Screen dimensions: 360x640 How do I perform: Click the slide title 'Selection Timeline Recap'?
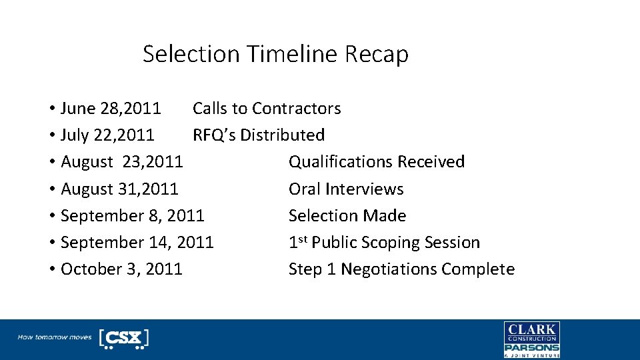click(x=275, y=54)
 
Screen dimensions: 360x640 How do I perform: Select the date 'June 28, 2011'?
click(x=111, y=109)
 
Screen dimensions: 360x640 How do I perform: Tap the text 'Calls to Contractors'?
click(x=267, y=109)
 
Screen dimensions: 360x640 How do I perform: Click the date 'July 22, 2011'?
click(x=107, y=135)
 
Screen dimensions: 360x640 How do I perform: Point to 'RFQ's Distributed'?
click(x=259, y=135)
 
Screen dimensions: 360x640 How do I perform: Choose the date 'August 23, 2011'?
click(x=122, y=162)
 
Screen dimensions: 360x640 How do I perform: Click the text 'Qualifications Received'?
click(x=377, y=162)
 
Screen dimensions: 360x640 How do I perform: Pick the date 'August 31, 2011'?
click(x=119, y=189)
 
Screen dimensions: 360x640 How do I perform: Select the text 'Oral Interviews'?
click(x=346, y=189)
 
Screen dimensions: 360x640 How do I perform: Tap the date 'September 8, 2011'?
click(x=132, y=216)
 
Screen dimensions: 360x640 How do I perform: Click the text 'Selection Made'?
click(x=347, y=216)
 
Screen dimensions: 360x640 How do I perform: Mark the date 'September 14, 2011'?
click(x=137, y=243)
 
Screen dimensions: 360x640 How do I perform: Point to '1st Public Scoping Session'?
click(x=384, y=243)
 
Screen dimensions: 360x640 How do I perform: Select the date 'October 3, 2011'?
click(x=121, y=269)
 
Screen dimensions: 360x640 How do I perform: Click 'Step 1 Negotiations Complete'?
click(x=401, y=269)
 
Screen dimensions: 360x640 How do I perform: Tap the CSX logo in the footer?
click(x=123, y=338)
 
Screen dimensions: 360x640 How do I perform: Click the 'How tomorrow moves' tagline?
click(x=55, y=337)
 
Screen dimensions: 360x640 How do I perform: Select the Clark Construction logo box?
click(x=531, y=331)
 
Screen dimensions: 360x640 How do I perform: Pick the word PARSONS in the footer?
click(x=531, y=347)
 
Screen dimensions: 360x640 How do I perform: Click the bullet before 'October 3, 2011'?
click(x=51, y=269)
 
